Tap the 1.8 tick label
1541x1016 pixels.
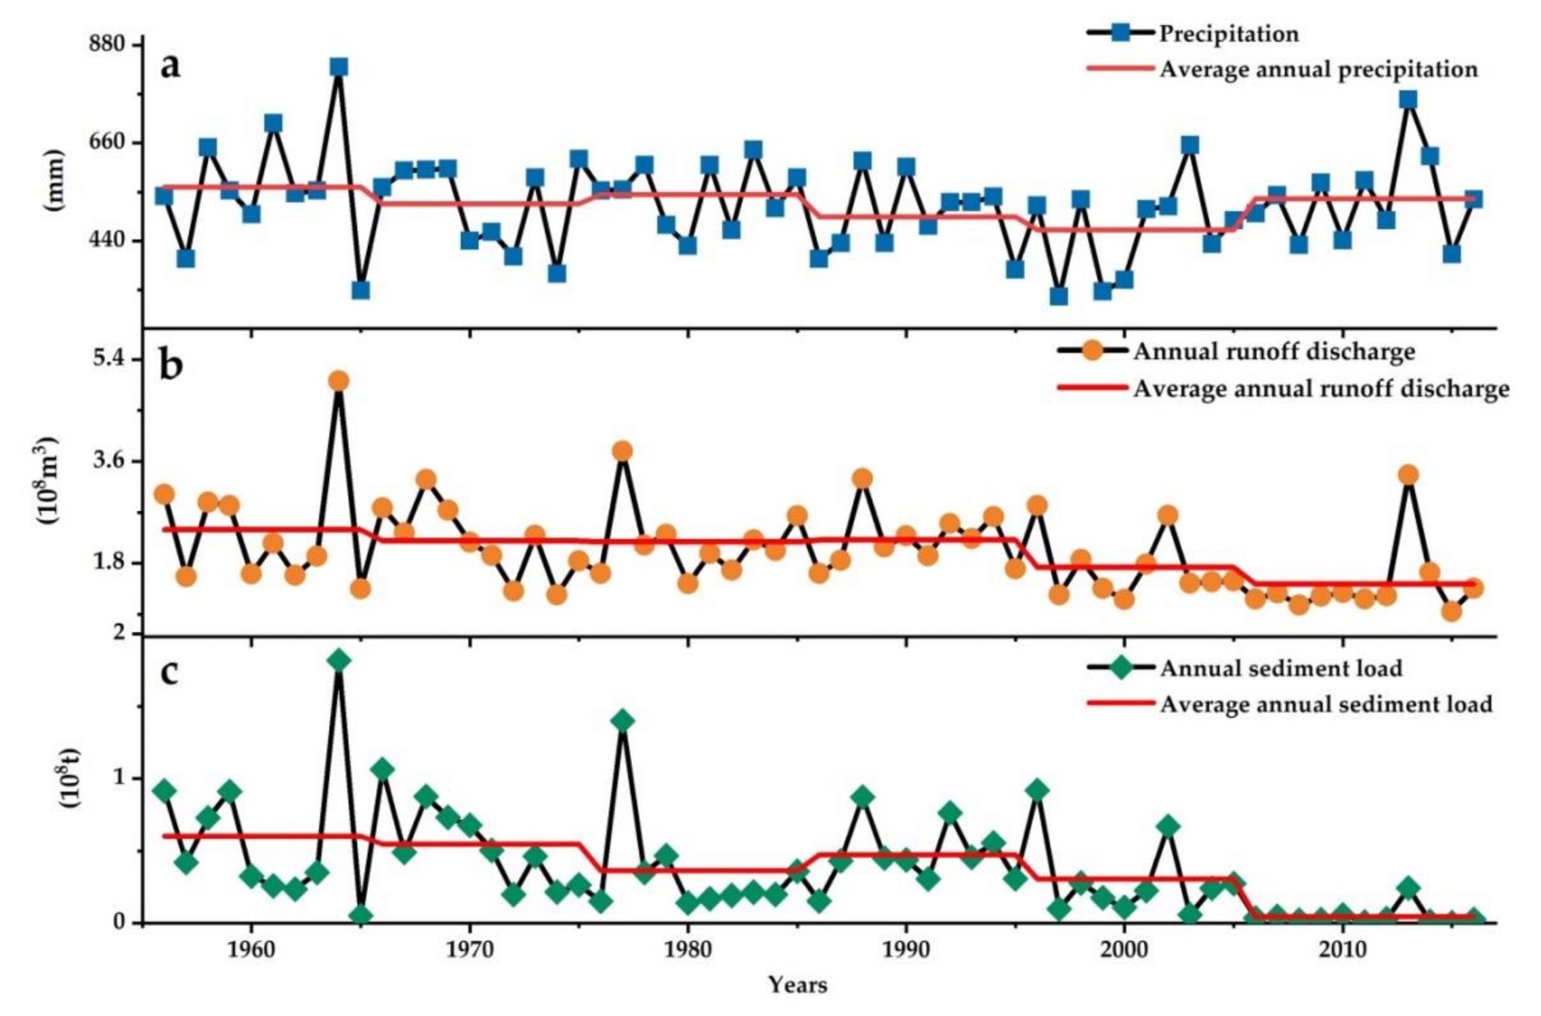[x=111, y=562]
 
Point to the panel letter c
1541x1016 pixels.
[x=169, y=672]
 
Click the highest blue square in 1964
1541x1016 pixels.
[x=338, y=67]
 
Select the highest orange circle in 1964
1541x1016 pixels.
[x=338, y=381]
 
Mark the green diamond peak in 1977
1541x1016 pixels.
[x=622, y=721]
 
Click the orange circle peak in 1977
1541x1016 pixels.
[x=622, y=451]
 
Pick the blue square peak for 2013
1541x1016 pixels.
[x=1406, y=99]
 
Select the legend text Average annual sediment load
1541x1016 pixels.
[x=1327, y=704]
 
